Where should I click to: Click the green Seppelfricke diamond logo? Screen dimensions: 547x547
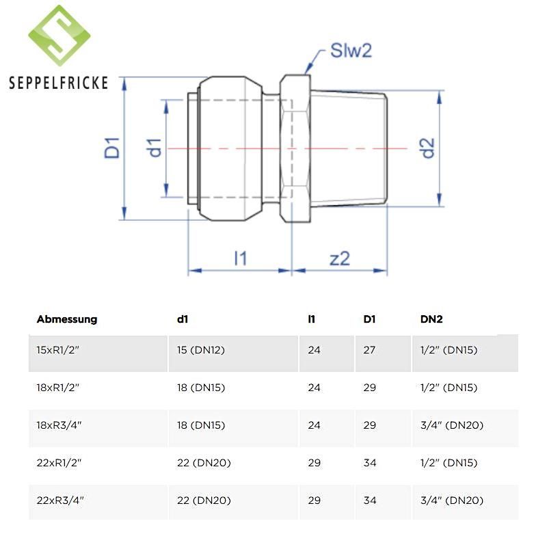click(x=59, y=36)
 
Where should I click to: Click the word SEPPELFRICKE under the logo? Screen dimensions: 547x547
click(x=59, y=83)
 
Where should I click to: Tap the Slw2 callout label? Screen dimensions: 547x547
click(x=351, y=51)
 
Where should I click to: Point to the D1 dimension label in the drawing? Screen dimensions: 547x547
click(x=112, y=148)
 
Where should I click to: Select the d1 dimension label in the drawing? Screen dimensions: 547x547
click(x=154, y=148)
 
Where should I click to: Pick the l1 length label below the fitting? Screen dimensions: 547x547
click(x=241, y=258)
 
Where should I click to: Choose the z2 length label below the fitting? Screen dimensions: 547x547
click(x=340, y=259)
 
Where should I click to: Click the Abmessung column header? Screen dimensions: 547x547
click(x=67, y=319)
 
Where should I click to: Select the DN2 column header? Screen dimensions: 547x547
click(x=431, y=319)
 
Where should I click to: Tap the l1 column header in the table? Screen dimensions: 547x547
click(x=312, y=319)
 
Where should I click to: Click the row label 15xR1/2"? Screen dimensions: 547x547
click(x=58, y=350)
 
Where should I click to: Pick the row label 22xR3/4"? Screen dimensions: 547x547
click(x=60, y=501)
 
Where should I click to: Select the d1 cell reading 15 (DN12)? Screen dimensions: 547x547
click(x=201, y=350)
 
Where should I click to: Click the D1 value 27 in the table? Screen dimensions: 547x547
click(x=369, y=350)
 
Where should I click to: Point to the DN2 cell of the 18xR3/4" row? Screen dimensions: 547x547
click(x=452, y=425)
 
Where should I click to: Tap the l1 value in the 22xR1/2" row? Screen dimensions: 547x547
click(x=315, y=463)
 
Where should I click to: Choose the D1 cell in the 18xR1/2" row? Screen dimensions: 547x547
click(x=369, y=388)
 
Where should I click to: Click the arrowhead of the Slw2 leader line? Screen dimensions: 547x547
click(x=307, y=71)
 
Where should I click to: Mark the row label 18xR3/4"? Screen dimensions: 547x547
click(x=59, y=425)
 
